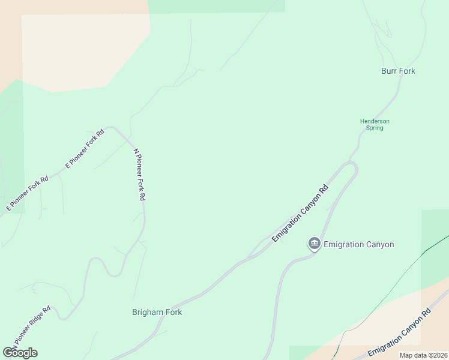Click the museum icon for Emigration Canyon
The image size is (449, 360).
tap(314, 244)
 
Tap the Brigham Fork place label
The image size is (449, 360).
tap(157, 312)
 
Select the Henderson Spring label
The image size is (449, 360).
tap(375, 124)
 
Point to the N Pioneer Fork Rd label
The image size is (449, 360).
tap(139, 175)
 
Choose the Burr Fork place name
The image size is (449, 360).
tap(398, 71)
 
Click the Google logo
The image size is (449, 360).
tap(20, 353)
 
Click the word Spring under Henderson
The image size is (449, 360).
tap(375, 128)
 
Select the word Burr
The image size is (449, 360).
tap(389, 71)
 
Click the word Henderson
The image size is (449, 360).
tap(375, 121)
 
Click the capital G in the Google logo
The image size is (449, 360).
tap(8, 353)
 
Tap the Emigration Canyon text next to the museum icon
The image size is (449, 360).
tap(358, 244)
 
